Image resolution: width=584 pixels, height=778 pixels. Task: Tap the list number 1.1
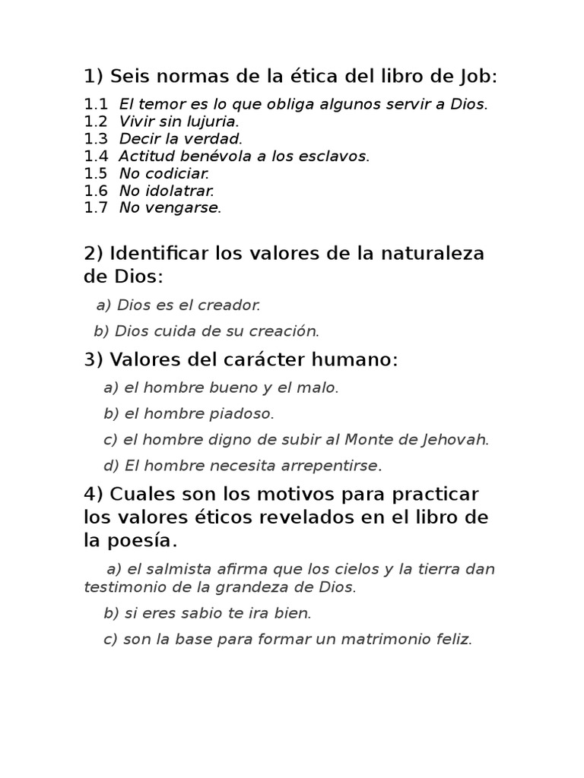point(96,105)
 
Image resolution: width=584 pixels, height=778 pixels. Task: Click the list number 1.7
point(96,208)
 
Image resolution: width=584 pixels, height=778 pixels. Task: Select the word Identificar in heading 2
point(157,253)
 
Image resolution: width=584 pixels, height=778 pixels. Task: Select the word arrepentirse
point(330,466)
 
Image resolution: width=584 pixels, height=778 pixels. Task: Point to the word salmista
point(178,569)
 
